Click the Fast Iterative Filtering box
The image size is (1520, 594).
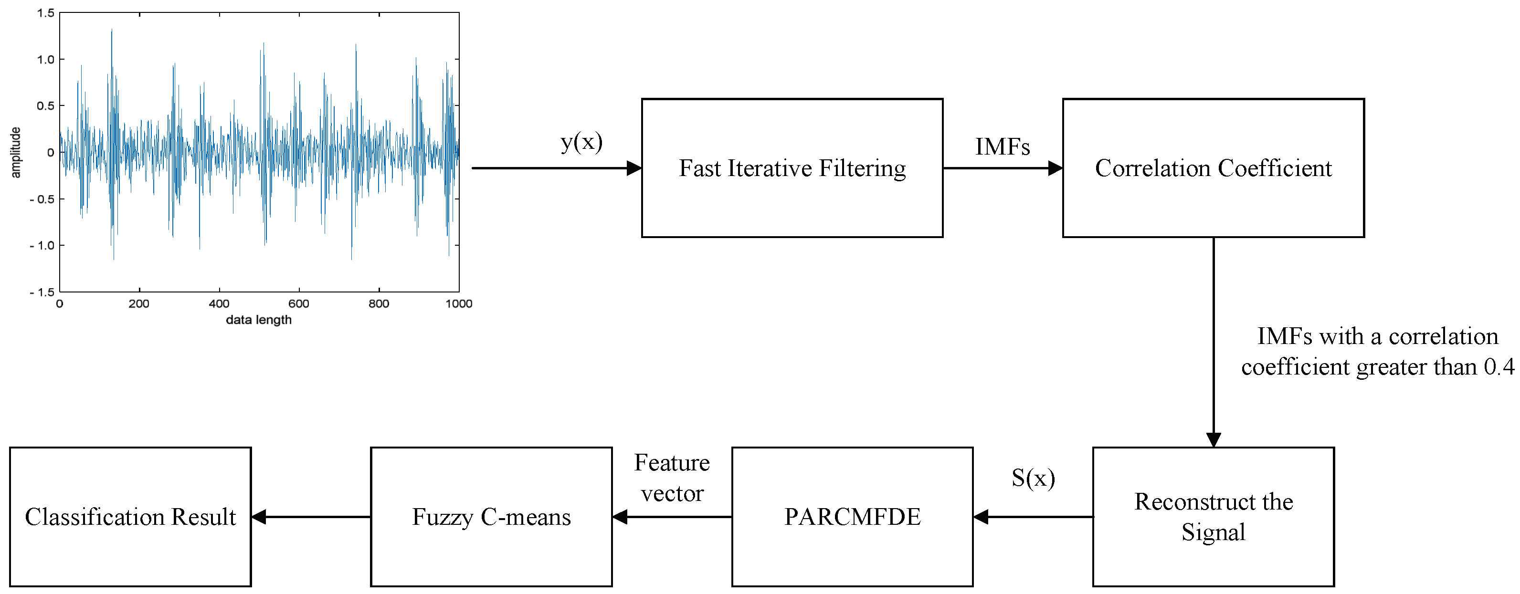792,168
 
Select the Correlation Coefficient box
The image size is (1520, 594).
1213,168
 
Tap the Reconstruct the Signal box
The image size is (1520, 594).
1213,517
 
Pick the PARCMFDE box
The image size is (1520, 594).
852,517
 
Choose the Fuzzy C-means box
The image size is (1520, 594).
491,517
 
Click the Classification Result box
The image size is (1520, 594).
130,517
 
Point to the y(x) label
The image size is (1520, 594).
581,142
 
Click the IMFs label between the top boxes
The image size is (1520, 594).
1003,146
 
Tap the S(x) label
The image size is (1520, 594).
1033,478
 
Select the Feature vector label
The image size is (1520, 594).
672,478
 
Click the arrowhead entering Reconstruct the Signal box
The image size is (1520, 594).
1213,439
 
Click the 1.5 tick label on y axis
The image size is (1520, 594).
45,13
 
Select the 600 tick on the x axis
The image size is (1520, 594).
298,303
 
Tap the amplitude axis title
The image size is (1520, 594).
16,152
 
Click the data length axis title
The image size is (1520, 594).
258,320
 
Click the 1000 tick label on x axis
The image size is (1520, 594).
458,303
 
